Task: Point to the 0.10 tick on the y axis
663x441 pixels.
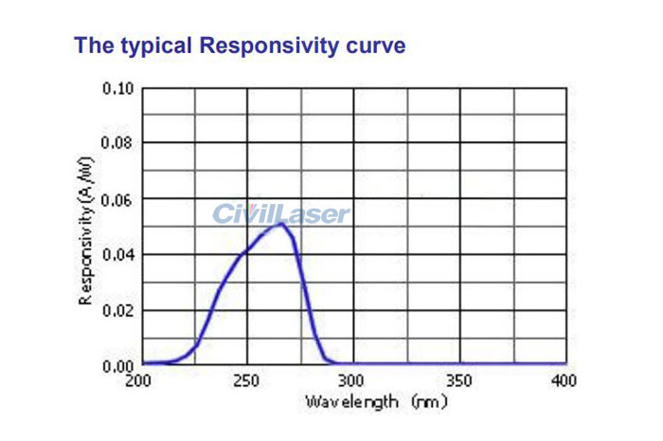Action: coord(118,88)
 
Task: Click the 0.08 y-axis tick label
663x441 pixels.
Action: coord(118,143)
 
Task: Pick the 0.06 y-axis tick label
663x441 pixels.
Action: coord(118,199)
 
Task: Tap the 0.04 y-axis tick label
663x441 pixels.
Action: coord(118,254)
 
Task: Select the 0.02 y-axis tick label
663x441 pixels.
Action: coord(118,310)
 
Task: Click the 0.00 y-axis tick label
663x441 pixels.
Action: coord(118,365)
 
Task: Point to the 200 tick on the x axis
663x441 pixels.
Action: coord(139,380)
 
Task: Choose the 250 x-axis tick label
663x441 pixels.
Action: coord(247,380)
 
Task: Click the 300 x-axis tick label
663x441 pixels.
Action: coord(352,380)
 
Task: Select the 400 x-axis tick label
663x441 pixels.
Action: coord(564,380)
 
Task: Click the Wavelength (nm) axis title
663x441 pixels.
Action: coord(375,402)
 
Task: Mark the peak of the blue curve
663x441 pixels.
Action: coord(279,223)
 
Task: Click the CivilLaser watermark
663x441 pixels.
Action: coord(280,214)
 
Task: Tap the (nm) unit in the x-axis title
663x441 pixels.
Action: coord(429,402)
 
